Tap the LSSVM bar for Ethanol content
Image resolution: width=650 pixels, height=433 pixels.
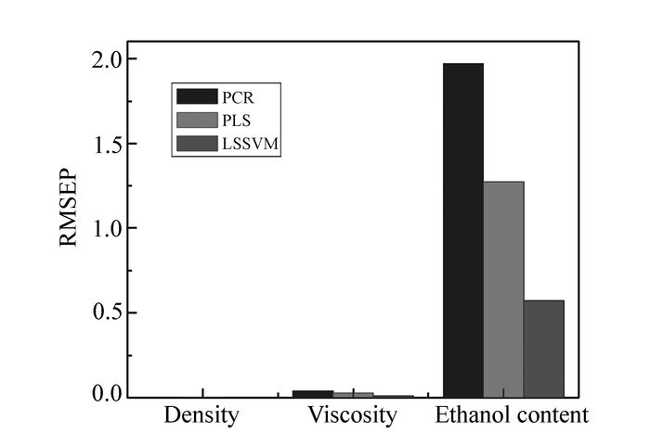543,349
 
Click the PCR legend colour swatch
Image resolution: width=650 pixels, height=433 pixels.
195,96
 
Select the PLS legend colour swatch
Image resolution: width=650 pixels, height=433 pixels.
195,121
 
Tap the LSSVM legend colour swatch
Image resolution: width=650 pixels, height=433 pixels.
195,144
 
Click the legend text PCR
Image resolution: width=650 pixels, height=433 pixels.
237,96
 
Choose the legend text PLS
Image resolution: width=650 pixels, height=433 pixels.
236,121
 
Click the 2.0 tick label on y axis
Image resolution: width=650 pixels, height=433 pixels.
100,59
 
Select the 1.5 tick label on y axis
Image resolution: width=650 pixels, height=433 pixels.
100,144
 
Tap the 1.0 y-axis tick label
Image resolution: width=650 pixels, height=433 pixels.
100,228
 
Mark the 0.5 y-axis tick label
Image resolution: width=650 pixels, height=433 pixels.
100,312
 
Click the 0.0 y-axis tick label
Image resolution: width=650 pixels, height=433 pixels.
100,396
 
